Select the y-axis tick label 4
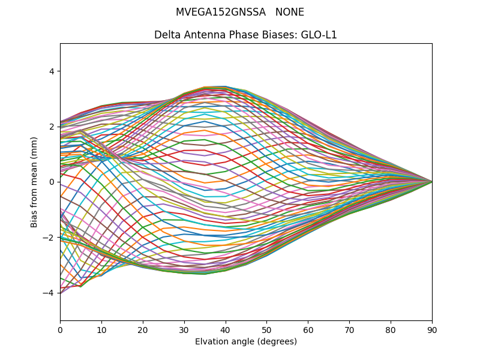tap(51, 71)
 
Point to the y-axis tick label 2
tap(51, 127)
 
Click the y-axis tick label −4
tap(49, 293)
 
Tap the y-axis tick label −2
tap(49, 238)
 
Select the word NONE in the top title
tap(290, 12)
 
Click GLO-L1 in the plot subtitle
tap(321, 35)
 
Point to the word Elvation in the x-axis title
tap(211, 341)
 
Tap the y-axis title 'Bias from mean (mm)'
tap(35, 182)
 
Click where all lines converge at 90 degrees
tap(431, 182)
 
